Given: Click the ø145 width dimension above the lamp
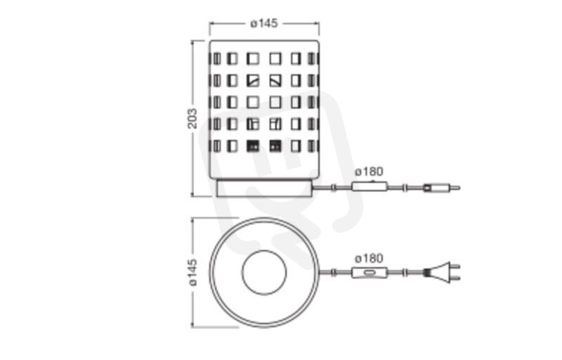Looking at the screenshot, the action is point(264,24).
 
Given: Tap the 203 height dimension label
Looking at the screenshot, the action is point(192,118).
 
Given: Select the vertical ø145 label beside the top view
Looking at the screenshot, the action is point(192,273).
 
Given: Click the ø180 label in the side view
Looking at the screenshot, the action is point(369,172).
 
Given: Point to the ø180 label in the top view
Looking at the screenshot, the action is point(369,258).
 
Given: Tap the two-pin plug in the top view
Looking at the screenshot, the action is point(442,273).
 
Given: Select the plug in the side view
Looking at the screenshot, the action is point(442,188).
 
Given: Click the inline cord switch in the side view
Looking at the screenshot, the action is point(370,186).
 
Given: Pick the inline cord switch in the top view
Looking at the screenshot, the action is point(370,274).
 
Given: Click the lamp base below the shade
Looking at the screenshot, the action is point(265,188).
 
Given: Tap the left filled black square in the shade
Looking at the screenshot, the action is point(253,146).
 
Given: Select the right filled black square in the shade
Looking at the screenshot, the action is point(275,146).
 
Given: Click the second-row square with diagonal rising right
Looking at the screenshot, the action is point(253,81).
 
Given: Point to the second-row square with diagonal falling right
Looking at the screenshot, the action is point(275,81).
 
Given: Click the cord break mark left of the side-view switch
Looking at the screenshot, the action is point(334,188).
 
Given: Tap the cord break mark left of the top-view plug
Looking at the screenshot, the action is point(405,274).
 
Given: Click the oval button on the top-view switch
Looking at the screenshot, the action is point(370,274).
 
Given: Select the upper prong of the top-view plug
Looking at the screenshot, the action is point(455,266).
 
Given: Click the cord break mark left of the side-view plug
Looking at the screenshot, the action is point(405,188).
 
